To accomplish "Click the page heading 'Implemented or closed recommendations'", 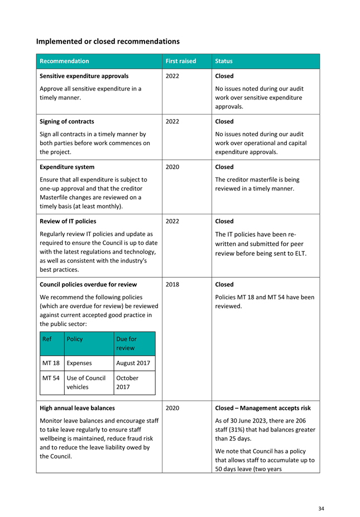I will pyautogui.click(x=108, y=41).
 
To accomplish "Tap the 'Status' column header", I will pyautogui.click(x=224, y=61).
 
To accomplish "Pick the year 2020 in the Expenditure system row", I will pyautogui.click(x=172, y=167).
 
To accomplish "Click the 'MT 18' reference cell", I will pyautogui.click(x=51, y=363).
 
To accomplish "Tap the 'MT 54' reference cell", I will pyautogui.click(x=51, y=378).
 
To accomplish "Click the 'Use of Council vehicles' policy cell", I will pyautogui.click(x=86, y=382).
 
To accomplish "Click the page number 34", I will pyautogui.click(x=321, y=508).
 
